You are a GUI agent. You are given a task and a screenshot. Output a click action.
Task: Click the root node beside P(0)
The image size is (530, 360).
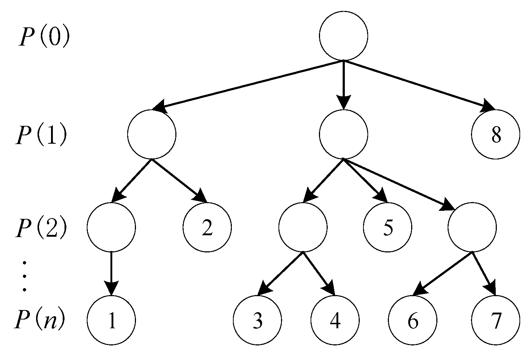click(x=343, y=36)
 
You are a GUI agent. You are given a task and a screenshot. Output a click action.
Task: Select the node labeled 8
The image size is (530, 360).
click(x=496, y=135)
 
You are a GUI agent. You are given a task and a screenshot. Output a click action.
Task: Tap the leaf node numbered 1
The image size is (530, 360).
click(x=112, y=320)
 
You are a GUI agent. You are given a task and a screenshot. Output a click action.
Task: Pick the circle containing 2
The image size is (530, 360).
click(x=207, y=227)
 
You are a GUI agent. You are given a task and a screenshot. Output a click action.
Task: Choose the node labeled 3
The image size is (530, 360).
click(x=257, y=320)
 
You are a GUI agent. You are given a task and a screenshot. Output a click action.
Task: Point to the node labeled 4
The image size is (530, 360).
click(x=335, y=320)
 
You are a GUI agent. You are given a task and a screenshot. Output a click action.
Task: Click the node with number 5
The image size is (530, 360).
click(x=387, y=227)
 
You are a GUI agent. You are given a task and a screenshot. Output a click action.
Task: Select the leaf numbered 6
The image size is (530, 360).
click(x=412, y=320)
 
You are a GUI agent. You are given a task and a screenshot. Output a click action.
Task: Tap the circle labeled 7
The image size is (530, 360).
click(x=495, y=320)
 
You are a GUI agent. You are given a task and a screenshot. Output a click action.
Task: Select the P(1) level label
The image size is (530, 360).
click(x=41, y=135)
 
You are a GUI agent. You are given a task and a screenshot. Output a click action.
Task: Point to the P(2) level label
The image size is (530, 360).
click(x=41, y=228)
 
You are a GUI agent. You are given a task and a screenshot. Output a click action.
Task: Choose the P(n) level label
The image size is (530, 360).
click(x=40, y=320)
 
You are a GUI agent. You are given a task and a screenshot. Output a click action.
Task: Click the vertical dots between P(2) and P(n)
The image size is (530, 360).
click(x=24, y=275)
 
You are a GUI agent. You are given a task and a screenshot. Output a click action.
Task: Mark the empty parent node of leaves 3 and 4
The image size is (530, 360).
click(x=303, y=227)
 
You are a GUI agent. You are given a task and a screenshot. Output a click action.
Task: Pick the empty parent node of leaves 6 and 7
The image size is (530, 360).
click(x=472, y=227)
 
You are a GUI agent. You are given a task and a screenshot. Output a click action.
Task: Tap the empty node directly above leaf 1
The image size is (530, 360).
click(x=112, y=227)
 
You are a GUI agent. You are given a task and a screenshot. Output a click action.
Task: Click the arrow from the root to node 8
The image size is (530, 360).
click(x=419, y=85)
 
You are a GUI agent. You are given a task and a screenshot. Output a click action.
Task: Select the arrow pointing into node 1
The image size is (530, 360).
click(x=112, y=274)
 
